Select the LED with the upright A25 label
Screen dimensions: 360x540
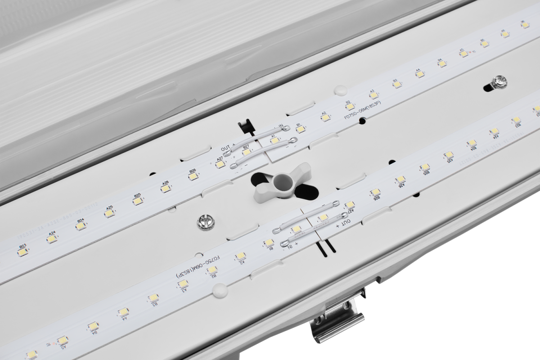(x=108, y=214)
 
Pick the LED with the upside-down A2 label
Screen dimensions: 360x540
(x=241, y=256)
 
